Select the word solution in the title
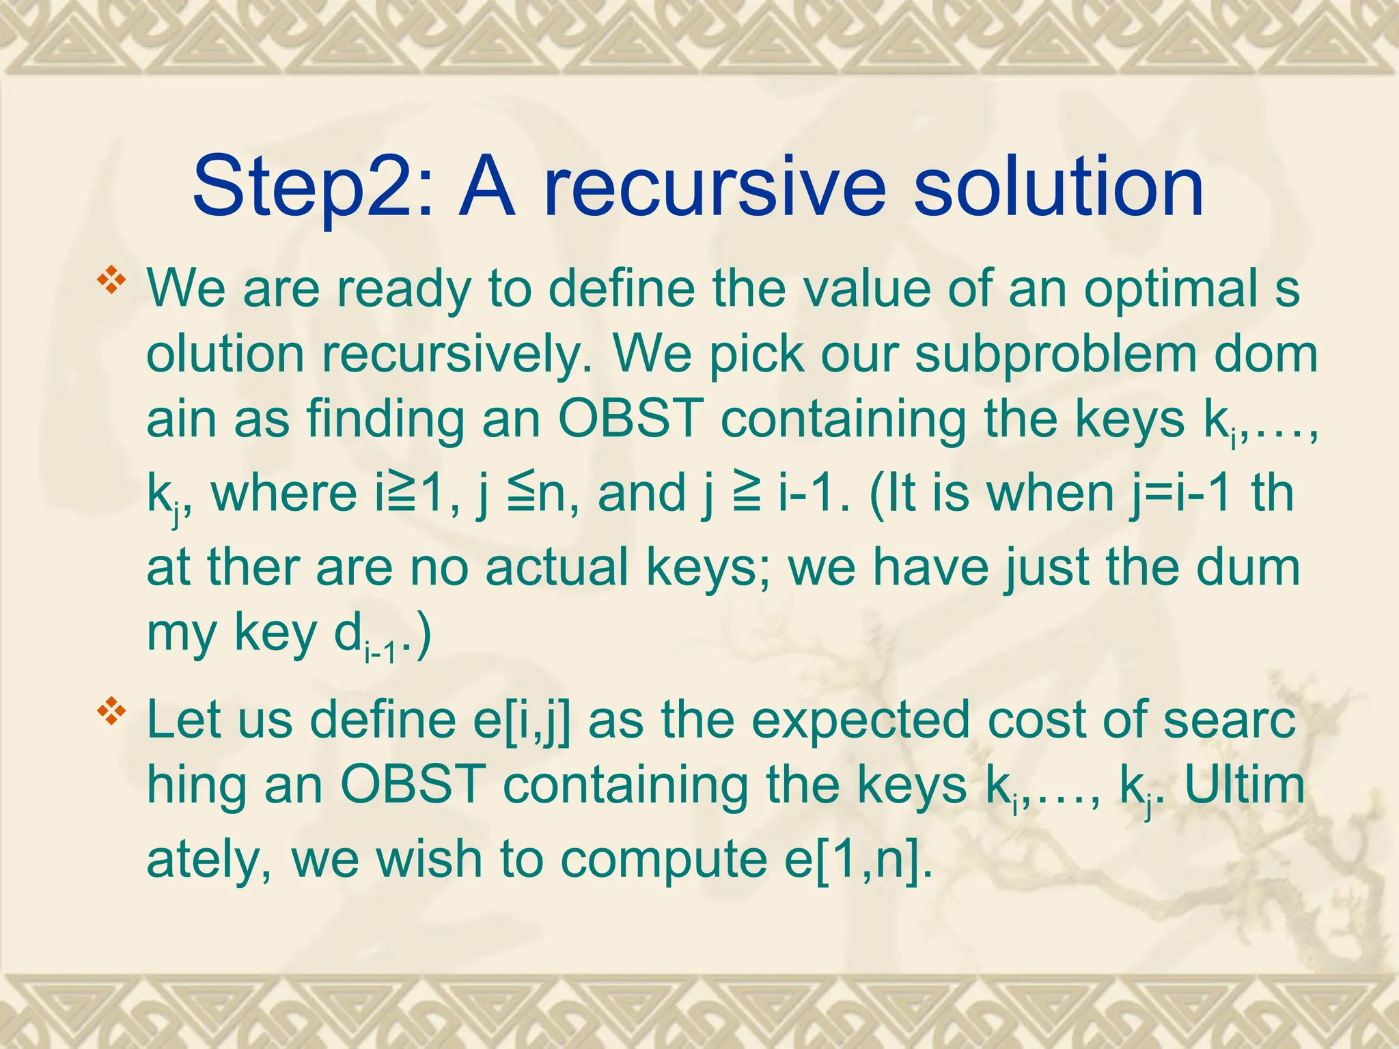[x=1058, y=186]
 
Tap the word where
[x=284, y=493]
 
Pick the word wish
[x=429, y=858]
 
